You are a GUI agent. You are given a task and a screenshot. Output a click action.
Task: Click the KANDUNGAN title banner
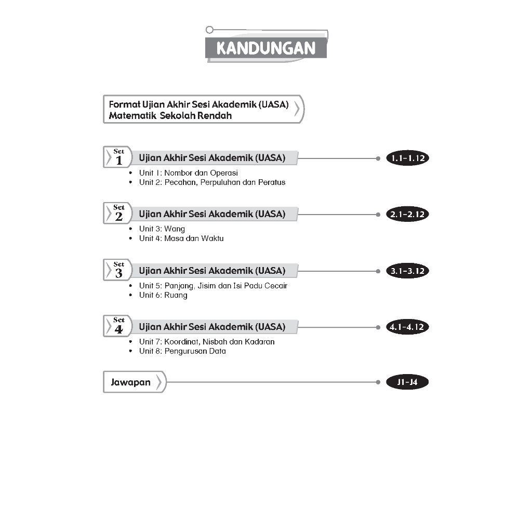[265, 48]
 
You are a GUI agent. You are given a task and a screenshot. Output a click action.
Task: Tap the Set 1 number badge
[118, 157]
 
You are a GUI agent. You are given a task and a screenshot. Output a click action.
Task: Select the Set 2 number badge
[118, 214]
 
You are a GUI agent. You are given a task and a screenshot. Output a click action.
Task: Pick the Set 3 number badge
[118, 270]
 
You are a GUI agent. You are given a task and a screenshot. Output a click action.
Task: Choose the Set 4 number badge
[118, 326]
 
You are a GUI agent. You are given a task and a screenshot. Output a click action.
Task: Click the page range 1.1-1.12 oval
[408, 158]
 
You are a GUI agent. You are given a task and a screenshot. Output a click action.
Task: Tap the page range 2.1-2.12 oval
[408, 215]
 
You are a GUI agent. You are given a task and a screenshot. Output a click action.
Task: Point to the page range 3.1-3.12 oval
[408, 271]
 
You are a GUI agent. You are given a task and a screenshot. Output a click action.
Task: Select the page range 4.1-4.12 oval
[408, 327]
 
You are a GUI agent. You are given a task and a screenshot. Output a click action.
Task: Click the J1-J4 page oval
[408, 383]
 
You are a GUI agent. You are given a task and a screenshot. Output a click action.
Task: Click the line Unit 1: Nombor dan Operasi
[188, 173]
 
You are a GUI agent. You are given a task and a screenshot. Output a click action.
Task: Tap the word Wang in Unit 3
[175, 229]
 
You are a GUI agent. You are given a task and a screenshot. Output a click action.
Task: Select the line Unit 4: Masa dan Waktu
[181, 238]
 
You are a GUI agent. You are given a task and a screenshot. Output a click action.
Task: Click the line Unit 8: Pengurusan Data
[182, 351]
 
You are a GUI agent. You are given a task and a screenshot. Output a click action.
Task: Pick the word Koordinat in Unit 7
[180, 342]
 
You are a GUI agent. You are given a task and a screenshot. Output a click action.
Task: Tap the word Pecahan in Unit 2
[178, 182]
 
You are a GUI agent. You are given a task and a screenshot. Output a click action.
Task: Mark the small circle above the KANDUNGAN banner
[209, 30]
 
